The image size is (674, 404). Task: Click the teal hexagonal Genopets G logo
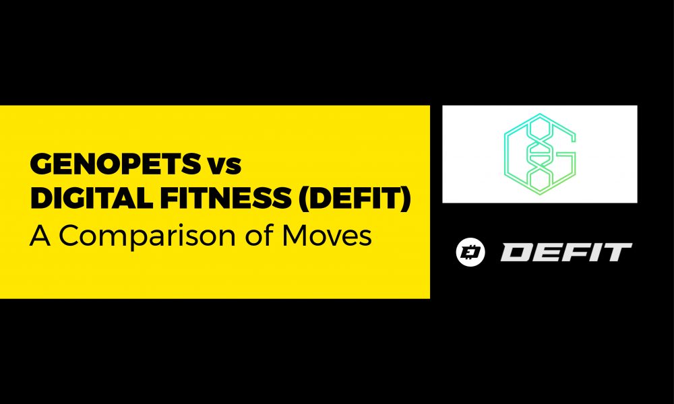tap(540, 154)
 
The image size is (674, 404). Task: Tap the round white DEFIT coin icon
tap(466, 252)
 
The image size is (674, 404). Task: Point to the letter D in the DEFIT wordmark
tap(516, 252)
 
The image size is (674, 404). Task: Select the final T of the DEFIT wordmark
tap(617, 252)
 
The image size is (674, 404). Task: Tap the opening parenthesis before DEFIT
tap(305, 201)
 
